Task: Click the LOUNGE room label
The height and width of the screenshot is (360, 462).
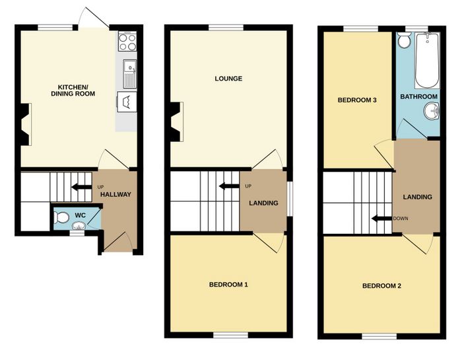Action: point(228,79)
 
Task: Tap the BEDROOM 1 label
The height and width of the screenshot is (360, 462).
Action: point(228,285)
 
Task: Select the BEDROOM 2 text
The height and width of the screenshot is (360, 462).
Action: point(381,286)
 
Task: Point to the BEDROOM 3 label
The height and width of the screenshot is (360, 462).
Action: point(357,100)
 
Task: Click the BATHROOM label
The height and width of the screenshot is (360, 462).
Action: point(418,96)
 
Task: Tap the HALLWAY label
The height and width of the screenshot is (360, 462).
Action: point(115,195)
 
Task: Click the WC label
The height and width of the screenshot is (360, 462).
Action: point(80,215)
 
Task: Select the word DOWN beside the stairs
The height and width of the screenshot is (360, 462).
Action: point(401,219)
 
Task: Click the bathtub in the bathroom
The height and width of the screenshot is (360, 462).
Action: point(427,61)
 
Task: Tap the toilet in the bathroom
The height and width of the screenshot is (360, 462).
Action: point(403,40)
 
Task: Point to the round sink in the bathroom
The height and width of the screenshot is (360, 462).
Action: point(432,112)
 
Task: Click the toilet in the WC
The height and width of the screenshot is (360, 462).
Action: point(61,218)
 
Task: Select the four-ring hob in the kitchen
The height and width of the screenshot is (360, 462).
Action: point(127,41)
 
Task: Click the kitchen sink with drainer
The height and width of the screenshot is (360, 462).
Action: point(130,74)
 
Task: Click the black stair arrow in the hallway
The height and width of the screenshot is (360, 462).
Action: point(82,187)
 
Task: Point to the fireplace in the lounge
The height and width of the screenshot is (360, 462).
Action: point(177,121)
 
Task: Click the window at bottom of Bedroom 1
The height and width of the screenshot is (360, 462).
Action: point(231,336)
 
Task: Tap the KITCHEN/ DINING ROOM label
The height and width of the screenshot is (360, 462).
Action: point(73,90)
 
